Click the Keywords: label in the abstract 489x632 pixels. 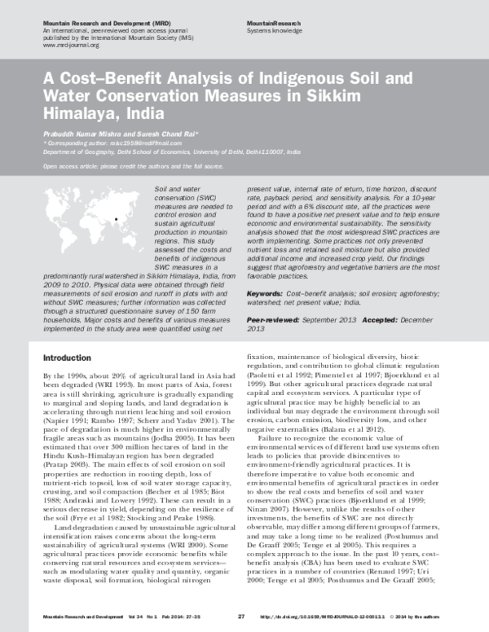coord(266,292)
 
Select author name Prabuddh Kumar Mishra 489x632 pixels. coord(87,133)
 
